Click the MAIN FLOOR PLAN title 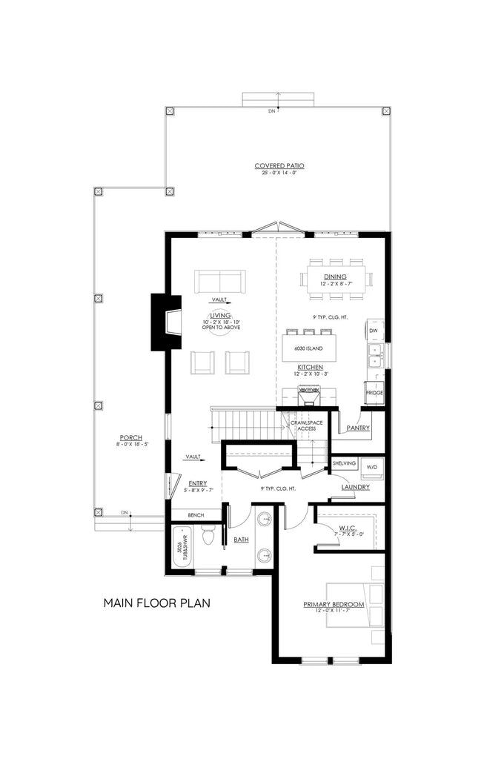[157, 603]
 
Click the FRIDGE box [374, 393]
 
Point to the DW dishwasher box [374, 330]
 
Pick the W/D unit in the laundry [371, 468]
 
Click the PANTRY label [358, 428]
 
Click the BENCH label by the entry [196, 514]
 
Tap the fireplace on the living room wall [165, 322]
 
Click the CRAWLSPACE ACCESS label [307, 425]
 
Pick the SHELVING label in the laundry [345, 463]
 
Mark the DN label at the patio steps [271, 111]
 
